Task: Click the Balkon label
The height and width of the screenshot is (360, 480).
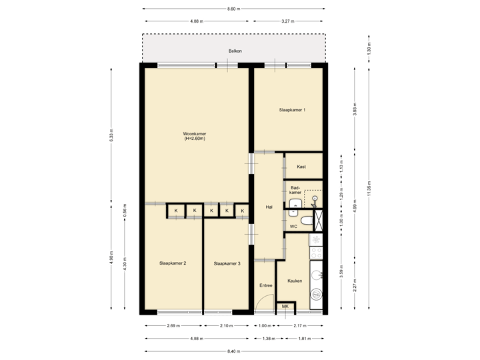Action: (x=234, y=51)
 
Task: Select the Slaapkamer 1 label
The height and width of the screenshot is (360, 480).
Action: (x=292, y=109)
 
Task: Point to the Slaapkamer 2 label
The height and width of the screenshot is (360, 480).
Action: (x=173, y=264)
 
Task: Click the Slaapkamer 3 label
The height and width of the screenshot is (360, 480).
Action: (x=227, y=264)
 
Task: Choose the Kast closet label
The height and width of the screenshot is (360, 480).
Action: (x=301, y=166)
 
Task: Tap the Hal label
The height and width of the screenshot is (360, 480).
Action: (x=269, y=207)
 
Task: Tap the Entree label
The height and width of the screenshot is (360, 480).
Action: (x=265, y=285)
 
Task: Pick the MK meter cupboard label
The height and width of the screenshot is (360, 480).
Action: (x=285, y=307)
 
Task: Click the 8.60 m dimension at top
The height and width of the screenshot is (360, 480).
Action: (x=233, y=9)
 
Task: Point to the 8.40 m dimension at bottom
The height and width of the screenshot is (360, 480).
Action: (x=233, y=351)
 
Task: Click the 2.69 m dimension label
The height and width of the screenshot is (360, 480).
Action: (x=171, y=326)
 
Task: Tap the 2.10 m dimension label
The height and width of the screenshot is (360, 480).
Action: (x=227, y=326)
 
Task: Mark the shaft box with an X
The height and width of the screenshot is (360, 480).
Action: (x=319, y=219)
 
